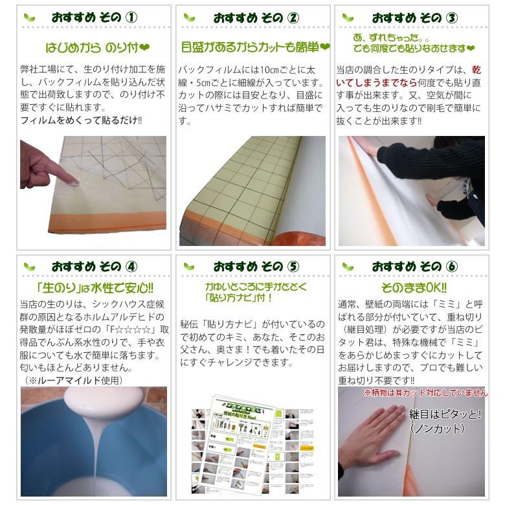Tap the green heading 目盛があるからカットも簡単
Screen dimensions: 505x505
[255, 47]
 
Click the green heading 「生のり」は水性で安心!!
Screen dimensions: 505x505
[95, 288]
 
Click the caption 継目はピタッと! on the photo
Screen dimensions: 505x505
[445, 414]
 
